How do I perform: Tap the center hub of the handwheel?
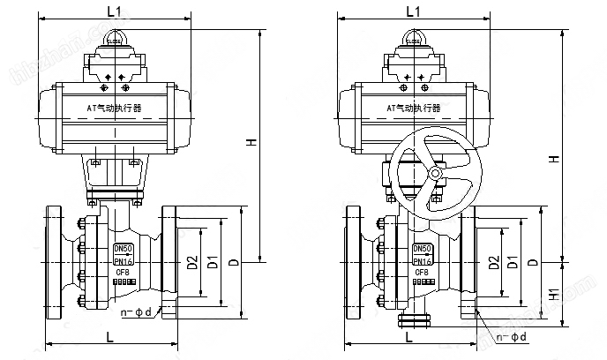(x=434, y=176)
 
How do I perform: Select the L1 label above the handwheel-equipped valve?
(x=411, y=11)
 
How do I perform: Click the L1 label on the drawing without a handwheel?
(x=113, y=11)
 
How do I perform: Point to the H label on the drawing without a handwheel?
(x=252, y=144)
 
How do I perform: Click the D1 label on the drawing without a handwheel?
(x=212, y=262)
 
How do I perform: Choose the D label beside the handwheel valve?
(x=532, y=262)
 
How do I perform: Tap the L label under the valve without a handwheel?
(x=109, y=337)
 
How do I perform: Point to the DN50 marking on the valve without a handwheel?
(x=123, y=249)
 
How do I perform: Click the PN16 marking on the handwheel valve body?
(x=423, y=261)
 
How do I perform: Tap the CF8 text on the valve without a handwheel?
(x=123, y=273)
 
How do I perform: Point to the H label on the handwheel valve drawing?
(x=553, y=159)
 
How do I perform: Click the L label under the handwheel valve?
(x=408, y=337)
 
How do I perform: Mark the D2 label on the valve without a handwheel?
(x=192, y=262)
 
